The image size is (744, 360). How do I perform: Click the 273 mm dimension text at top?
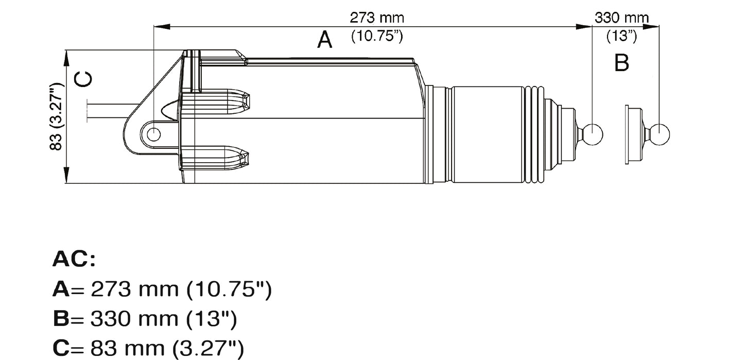click(x=377, y=18)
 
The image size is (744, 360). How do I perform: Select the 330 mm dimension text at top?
click(x=621, y=18)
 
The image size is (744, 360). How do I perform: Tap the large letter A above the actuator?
click(x=324, y=40)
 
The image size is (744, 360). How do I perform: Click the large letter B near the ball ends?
click(x=622, y=63)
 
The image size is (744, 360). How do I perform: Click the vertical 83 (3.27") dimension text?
click(x=57, y=116)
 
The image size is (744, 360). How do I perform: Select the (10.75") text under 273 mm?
click(x=376, y=37)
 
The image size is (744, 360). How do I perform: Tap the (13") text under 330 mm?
click(x=621, y=37)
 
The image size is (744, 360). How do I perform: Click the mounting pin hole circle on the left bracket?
click(x=153, y=134)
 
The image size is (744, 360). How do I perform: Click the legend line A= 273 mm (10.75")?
click(x=162, y=289)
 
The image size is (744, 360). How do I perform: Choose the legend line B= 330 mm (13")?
click(x=145, y=319)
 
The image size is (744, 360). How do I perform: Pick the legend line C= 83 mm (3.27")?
click(x=148, y=349)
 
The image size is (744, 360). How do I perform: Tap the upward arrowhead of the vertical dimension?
click(x=66, y=58)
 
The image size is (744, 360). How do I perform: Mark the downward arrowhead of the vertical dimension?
click(x=66, y=175)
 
